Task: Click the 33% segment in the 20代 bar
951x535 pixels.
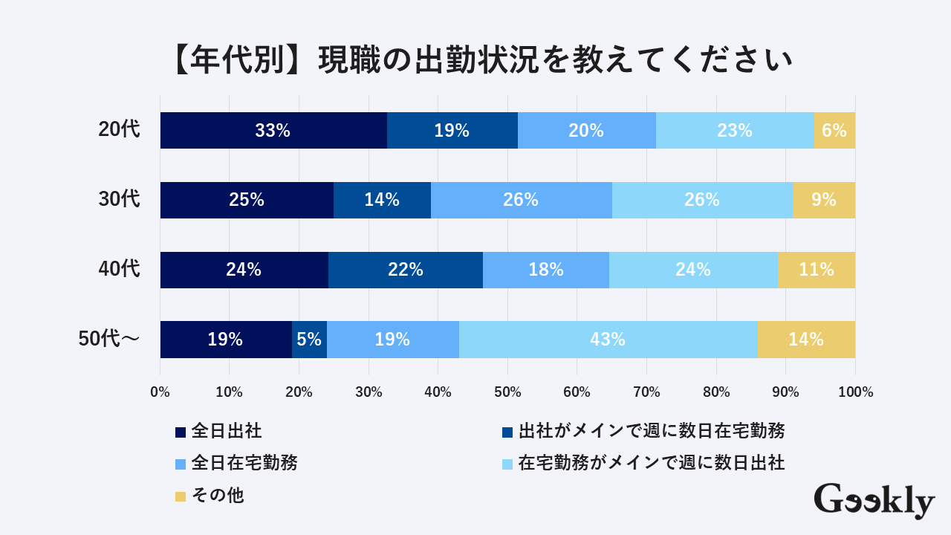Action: pos(273,131)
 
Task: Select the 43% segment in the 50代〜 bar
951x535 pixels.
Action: pos(608,340)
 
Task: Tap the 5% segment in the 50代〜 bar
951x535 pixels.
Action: pos(309,340)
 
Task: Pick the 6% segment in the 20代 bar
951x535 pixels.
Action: pos(834,131)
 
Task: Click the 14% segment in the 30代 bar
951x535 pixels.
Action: pos(382,200)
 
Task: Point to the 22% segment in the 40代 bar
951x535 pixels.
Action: pos(406,270)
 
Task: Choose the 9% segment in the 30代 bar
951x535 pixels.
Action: pos(824,200)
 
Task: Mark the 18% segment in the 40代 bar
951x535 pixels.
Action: pos(546,270)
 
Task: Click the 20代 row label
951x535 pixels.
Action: pos(119,129)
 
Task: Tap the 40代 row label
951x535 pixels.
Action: pos(119,268)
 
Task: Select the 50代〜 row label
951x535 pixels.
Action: pos(109,339)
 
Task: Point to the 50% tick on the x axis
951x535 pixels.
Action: pos(507,392)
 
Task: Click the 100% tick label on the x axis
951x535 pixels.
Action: pos(855,392)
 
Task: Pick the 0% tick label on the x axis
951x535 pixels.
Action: pos(160,392)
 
